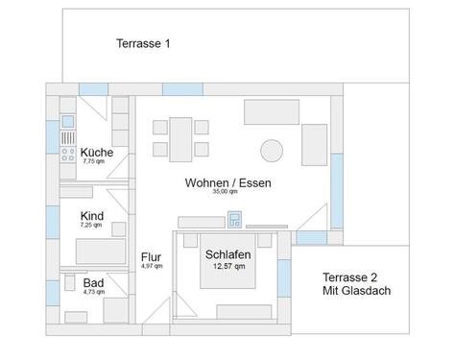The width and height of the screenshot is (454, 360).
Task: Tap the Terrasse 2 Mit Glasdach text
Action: [x=355, y=282]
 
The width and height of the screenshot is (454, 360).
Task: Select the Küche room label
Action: [x=97, y=153]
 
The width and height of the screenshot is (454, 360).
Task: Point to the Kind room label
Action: [x=92, y=216]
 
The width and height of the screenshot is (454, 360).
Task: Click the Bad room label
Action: [x=93, y=283]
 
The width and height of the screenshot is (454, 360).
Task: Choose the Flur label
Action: [x=151, y=257]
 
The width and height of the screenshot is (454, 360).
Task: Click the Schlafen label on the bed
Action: [x=228, y=254]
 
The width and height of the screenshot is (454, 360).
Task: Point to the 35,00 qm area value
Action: [x=225, y=192]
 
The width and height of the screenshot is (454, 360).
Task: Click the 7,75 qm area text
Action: [x=94, y=162]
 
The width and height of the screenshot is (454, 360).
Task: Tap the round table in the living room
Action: [x=273, y=151]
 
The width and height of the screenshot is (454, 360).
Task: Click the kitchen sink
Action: [x=67, y=123]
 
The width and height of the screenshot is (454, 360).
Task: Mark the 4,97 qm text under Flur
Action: [x=151, y=266]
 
